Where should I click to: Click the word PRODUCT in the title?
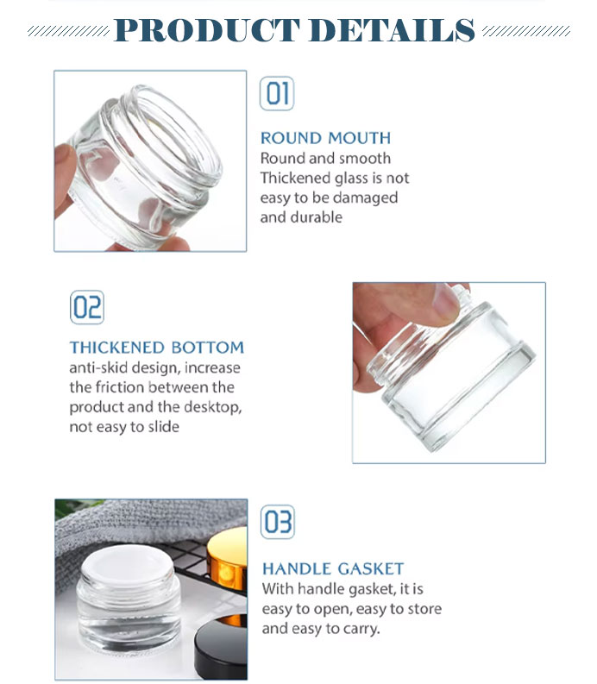pos(207,30)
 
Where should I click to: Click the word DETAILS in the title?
pos(392,30)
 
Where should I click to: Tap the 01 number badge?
pos(277,93)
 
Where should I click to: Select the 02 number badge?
pos(87,307)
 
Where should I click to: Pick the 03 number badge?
pos(278,522)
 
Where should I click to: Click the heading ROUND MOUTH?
pos(325,138)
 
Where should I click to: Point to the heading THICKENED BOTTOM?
pos(157,348)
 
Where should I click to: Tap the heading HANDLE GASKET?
pos(333,568)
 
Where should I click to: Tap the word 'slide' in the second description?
pos(164,426)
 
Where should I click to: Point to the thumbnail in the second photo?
pos(445,302)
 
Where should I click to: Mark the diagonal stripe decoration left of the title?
pos(68,31)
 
